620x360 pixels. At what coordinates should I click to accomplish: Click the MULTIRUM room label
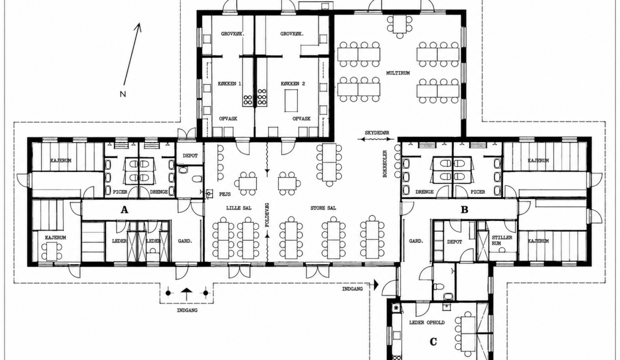397,73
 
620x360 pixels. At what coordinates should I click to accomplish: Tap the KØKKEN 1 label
229,83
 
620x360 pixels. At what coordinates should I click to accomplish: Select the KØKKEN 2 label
293,83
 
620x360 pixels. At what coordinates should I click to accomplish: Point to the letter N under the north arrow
123,94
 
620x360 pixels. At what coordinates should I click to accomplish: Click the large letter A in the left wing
124,210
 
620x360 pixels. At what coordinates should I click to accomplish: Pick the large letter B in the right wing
464,210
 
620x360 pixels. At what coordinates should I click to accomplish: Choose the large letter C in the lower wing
433,341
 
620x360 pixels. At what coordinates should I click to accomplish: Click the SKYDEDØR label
376,133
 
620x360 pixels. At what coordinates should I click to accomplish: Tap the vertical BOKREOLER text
385,163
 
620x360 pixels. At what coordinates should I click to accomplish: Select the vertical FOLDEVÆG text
267,215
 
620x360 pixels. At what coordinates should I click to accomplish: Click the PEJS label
225,194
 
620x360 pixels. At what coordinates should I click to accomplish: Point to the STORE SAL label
323,208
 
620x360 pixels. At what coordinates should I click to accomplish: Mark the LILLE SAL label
238,208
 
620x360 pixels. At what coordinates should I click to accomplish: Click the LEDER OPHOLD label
427,322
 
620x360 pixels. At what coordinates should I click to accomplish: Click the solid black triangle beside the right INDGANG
376,284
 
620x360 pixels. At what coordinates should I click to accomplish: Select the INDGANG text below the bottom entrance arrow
187,310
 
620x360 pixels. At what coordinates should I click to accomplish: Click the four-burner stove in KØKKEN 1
247,100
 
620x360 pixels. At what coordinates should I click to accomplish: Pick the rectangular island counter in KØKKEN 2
291,100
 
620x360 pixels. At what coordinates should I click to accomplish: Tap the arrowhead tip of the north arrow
139,22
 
